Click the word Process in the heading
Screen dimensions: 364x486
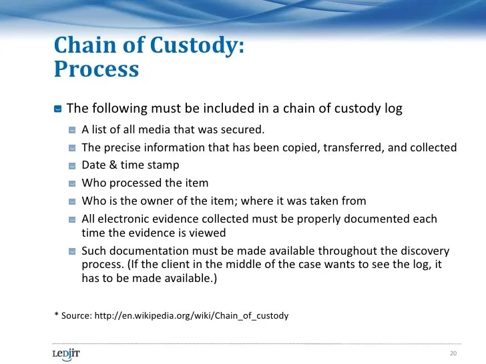[96, 69]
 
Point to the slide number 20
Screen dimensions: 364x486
[453, 353]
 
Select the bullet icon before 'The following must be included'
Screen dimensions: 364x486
[58, 109]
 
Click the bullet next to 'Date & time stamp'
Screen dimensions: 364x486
[72, 165]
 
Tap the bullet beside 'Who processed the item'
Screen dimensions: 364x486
[72, 183]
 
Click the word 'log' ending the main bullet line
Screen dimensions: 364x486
[393, 108]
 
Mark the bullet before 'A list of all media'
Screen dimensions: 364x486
[72, 130]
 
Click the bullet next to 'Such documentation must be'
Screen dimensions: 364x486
[72, 251]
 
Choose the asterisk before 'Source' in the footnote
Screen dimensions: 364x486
[56, 314]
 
